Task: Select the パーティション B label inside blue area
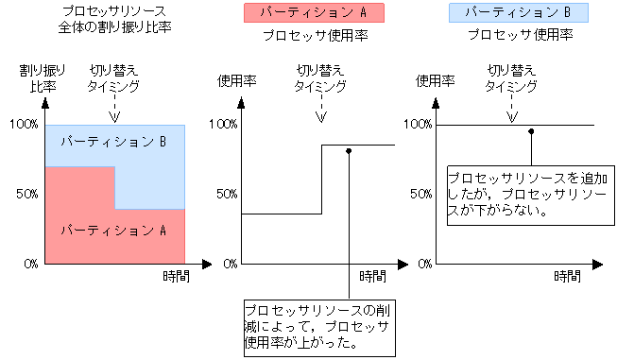pos(113,143)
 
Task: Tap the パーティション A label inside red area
pos(113,230)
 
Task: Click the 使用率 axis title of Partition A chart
pos(236,79)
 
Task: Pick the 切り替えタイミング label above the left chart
pos(113,78)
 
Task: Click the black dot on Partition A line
pos(350,151)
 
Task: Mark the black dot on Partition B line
pos(532,131)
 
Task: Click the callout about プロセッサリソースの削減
pos(317,327)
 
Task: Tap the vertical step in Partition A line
pos(321,180)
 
